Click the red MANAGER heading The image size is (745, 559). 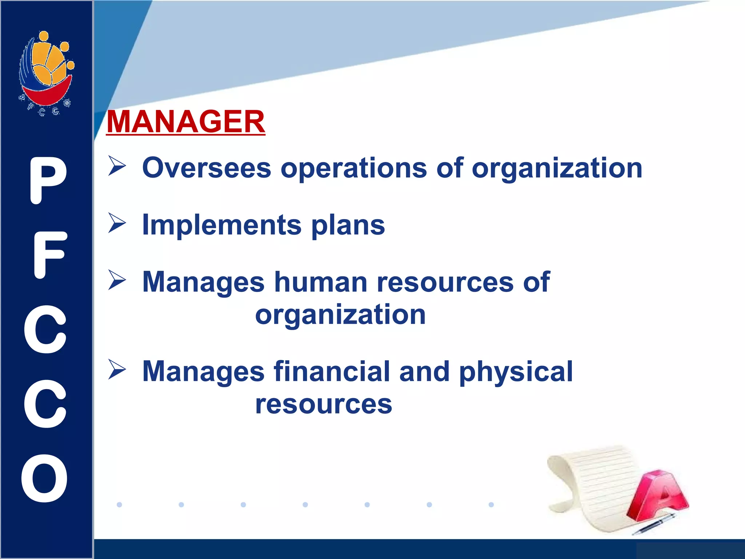[x=186, y=122]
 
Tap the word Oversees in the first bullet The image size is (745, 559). [x=207, y=168]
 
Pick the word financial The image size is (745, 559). [x=331, y=372]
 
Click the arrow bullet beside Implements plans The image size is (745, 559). [x=117, y=223]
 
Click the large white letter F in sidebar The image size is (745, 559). [x=49, y=255]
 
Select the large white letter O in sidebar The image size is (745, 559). [x=44, y=478]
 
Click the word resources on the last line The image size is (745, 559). [x=323, y=404]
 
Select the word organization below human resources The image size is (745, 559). [x=340, y=315]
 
